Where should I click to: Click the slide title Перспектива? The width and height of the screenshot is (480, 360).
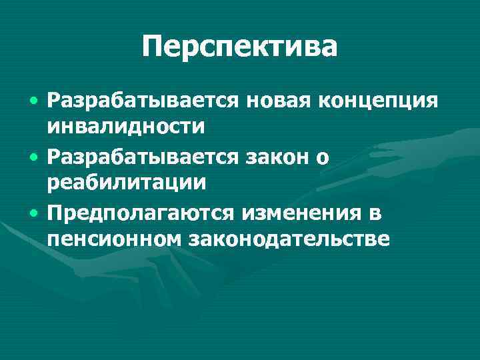click(x=240, y=47)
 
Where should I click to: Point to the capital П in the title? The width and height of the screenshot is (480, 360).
click(x=154, y=47)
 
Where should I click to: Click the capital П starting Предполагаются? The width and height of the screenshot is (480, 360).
click(x=55, y=214)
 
